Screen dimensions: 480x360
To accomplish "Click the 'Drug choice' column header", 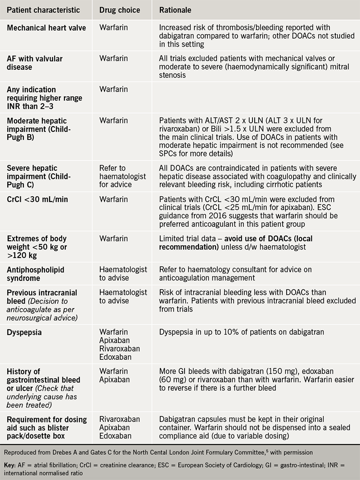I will (120, 10).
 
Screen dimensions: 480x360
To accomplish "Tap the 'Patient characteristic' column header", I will (44, 10).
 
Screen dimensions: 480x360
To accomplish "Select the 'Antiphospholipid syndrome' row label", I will (36, 274).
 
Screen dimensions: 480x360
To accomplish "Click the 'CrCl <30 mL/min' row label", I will (37, 199).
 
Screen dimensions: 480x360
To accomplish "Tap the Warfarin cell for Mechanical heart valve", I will (113, 27).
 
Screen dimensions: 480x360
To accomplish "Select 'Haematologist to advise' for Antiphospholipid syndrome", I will (123, 274).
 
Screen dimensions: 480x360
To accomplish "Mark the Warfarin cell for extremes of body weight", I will (113, 239).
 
